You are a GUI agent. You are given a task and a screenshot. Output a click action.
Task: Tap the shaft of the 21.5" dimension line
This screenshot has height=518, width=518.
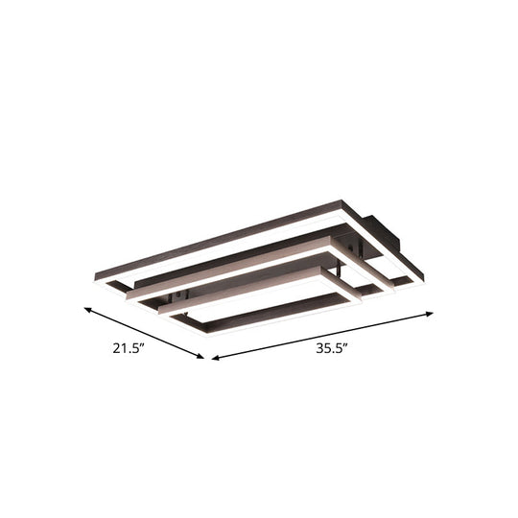[144, 334]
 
